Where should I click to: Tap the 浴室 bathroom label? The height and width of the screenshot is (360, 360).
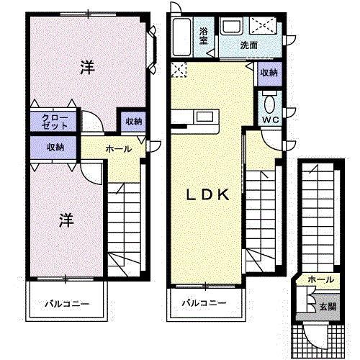tap(204, 35)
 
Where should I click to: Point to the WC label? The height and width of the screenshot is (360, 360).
tap(270, 120)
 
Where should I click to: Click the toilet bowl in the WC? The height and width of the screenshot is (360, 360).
tap(269, 100)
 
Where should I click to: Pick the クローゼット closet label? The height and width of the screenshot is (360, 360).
tap(54, 121)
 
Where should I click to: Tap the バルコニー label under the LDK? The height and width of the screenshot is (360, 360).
tap(204, 302)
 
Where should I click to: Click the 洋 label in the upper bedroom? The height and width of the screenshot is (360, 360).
tap(87, 68)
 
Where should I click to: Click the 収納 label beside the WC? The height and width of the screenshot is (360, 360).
tap(269, 72)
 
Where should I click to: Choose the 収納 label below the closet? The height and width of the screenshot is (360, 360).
tap(55, 147)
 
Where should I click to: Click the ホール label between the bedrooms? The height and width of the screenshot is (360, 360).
tap(118, 149)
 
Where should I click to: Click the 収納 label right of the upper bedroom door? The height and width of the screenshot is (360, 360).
tap(132, 122)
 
